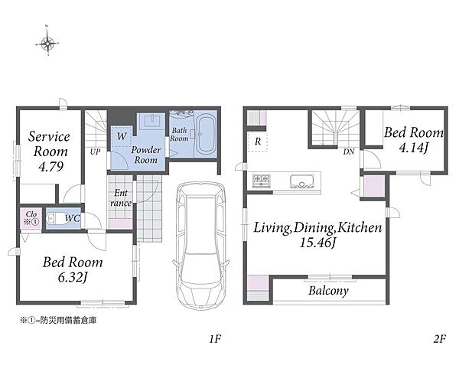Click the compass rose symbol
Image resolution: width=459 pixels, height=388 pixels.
47,44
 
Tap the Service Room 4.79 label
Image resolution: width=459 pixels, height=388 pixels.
49,152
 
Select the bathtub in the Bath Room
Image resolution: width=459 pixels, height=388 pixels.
206,135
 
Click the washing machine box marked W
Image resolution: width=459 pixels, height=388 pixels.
122,136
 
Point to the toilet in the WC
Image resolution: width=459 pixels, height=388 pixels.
54,219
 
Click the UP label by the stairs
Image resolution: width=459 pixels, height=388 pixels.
95,152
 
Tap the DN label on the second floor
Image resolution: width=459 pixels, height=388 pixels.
349,152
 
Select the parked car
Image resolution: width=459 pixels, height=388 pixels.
200,245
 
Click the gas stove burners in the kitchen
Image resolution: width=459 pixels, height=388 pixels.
261,181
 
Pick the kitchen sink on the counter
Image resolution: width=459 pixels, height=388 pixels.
302,181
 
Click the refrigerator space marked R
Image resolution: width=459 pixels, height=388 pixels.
258,142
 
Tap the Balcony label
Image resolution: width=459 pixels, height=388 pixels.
328,291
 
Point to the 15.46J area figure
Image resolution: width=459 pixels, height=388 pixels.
317,243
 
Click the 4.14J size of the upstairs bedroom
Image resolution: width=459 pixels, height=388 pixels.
413,148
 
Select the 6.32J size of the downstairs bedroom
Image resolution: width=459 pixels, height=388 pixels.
73,278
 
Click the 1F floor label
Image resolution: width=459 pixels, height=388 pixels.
214,339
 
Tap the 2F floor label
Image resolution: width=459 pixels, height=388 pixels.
439,339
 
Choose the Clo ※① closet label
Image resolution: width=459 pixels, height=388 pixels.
31,218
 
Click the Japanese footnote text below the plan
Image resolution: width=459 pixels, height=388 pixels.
58,321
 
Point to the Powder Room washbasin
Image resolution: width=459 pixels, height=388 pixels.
152,121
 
